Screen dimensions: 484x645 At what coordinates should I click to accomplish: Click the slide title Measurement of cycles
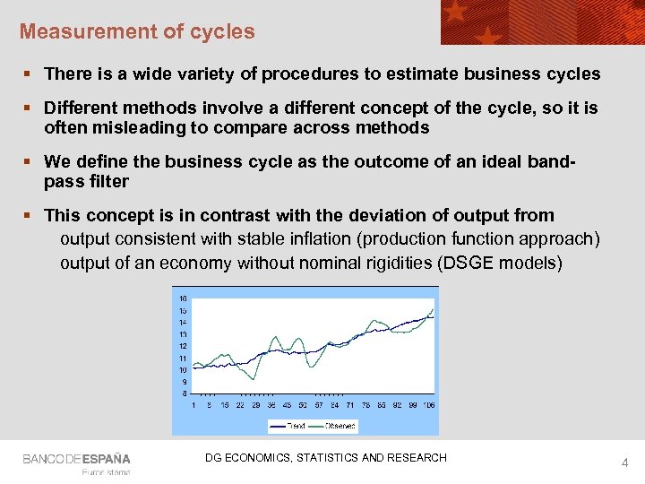pyautogui.click(x=137, y=31)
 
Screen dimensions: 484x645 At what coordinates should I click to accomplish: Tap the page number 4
pyautogui.click(x=625, y=463)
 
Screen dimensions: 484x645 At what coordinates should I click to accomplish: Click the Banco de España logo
pyautogui.click(x=76, y=459)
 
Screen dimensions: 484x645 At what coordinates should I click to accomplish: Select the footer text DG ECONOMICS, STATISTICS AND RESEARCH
pyautogui.click(x=325, y=458)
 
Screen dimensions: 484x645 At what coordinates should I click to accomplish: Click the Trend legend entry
pyautogui.click(x=296, y=425)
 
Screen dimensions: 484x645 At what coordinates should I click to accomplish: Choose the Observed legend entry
pyautogui.click(x=340, y=425)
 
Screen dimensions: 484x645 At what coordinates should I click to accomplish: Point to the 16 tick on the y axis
pyautogui.click(x=183, y=298)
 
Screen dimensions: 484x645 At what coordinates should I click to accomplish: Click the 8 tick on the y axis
pyautogui.click(x=184, y=393)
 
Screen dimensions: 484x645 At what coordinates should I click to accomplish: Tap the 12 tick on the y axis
pyautogui.click(x=183, y=346)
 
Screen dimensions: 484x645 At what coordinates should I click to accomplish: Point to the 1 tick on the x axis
pyautogui.click(x=194, y=404)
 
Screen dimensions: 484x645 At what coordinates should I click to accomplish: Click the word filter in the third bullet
pyautogui.click(x=106, y=181)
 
